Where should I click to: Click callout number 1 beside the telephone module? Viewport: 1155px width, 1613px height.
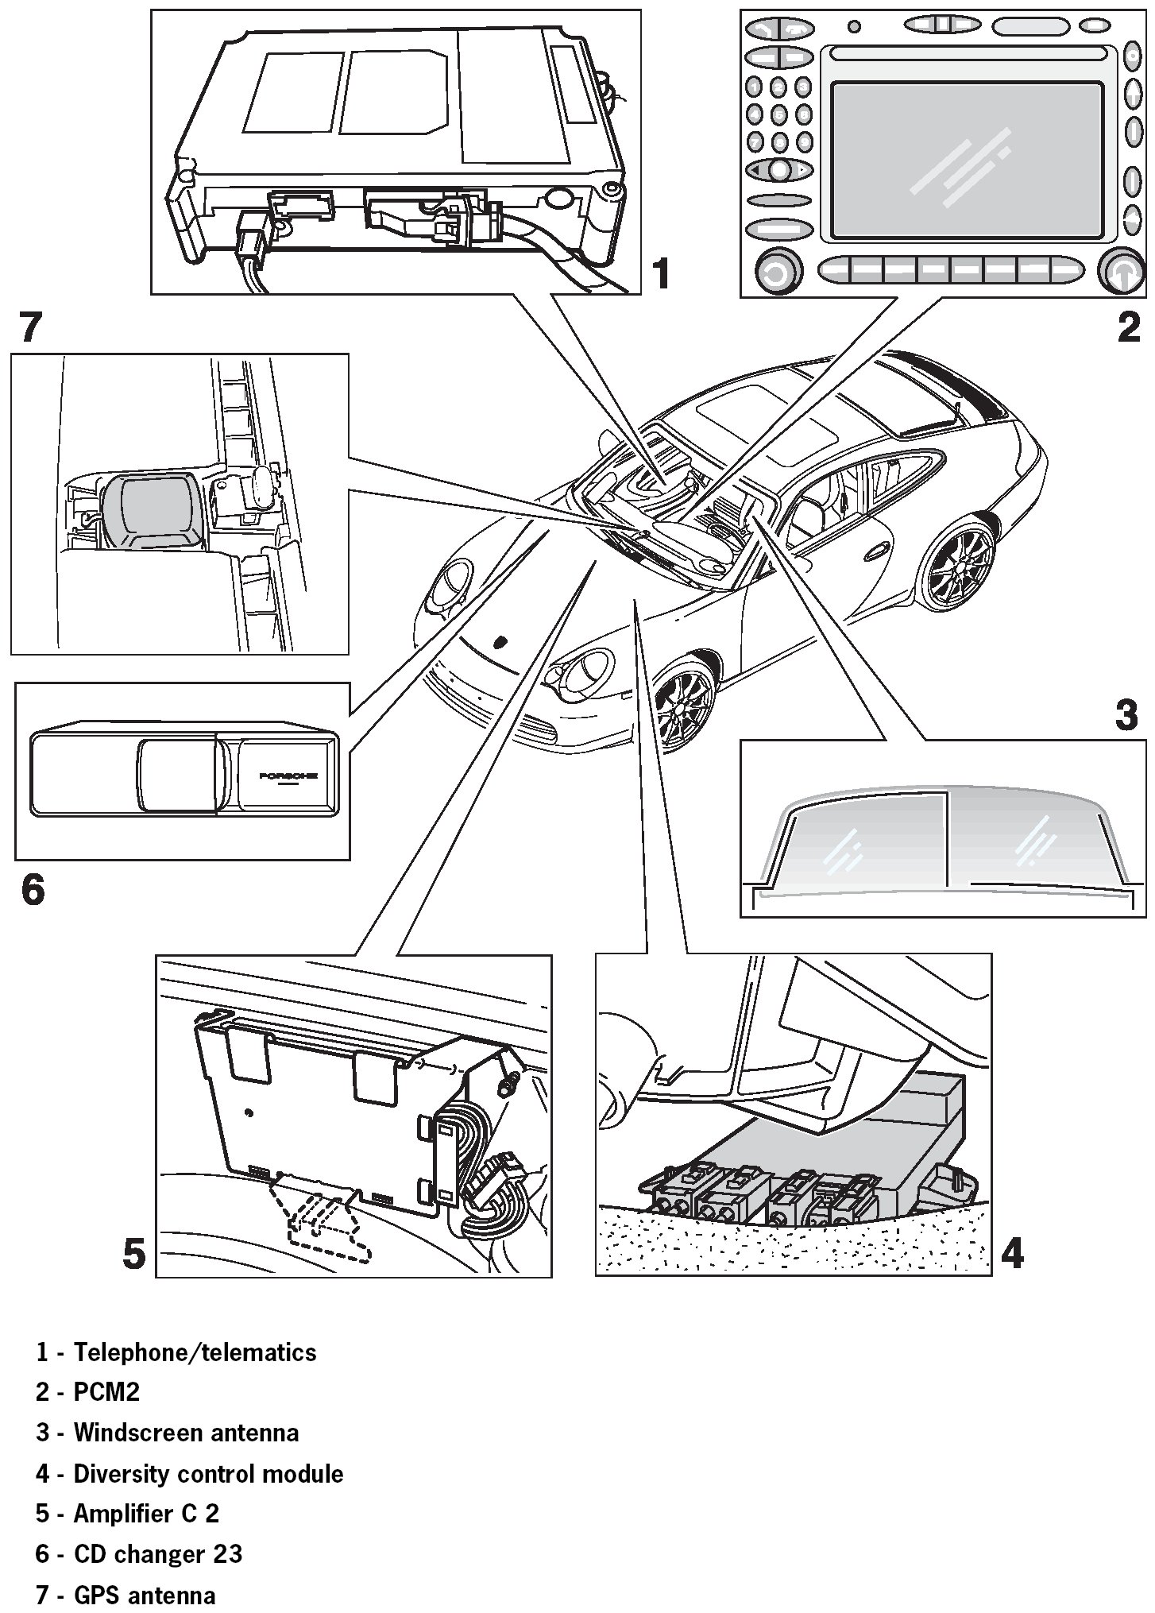point(660,273)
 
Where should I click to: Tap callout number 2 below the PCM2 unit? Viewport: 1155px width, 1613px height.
point(1128,327)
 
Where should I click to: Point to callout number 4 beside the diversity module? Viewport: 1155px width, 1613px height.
point(1011,1253)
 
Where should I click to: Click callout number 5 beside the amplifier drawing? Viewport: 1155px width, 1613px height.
point(133,1254)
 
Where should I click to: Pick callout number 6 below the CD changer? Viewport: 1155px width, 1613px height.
point(33,889)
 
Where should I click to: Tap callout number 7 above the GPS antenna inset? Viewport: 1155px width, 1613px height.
point(29,327)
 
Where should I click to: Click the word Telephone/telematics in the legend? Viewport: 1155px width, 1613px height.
point(195,1352)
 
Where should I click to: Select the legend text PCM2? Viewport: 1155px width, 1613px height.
point(106,1392)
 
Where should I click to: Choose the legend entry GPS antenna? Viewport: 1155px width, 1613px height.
point(145,1595)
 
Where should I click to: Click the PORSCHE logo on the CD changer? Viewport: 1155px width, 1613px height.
point(288,775)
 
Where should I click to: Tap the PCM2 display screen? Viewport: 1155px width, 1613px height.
point(967,160)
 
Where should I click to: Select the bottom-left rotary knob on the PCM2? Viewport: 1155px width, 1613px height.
point(775,273)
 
